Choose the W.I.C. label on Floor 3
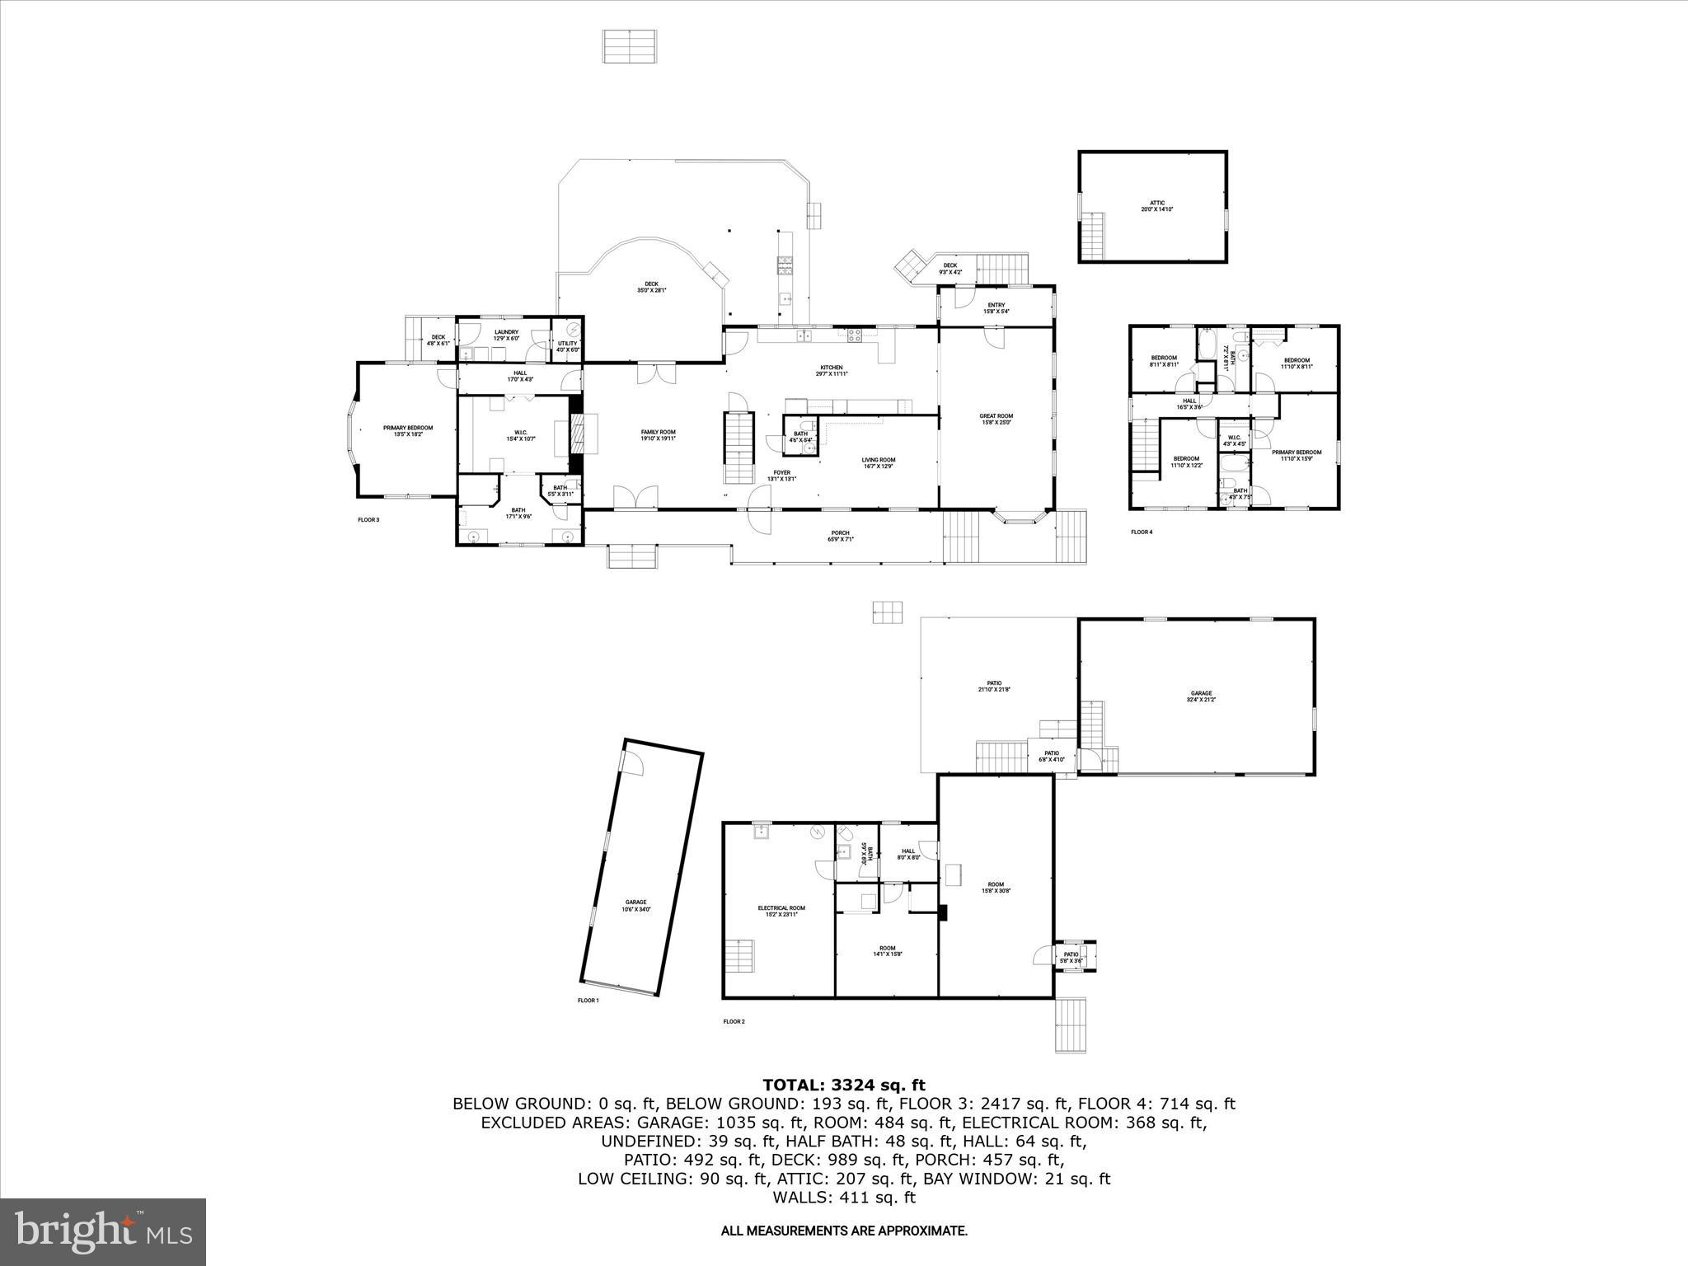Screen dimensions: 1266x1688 (x=521, y=435)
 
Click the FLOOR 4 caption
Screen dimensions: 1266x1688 (x=1142, y=532)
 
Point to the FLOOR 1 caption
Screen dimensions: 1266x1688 (x=588, y=1001)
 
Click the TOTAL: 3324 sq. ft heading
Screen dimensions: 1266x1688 (x=843, y=1085)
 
